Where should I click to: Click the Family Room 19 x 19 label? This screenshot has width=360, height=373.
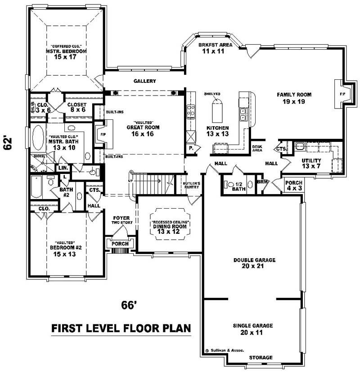(x=294, y=98)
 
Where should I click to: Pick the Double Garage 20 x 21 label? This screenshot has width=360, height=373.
(x=254, y=264)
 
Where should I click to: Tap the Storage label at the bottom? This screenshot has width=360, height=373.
(x=261, y=358)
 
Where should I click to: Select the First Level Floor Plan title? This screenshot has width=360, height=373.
(x=121, y=328)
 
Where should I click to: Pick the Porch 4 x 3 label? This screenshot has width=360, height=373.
(x=294, y=185)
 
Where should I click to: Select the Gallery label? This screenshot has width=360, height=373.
(x=144, y=81)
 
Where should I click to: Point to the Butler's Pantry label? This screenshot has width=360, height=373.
(x=191, y=186)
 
